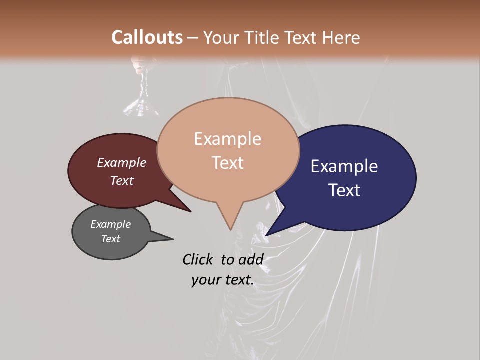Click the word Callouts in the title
click(147, 37)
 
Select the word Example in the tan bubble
click(227, 139)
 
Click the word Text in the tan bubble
click(227, 163)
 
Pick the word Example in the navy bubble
click(344, 166)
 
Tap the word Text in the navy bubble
click(345, 190)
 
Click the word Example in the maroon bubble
click(121, 163)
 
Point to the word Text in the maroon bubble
click(121, 180)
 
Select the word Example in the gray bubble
click(110, 224)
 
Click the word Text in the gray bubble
click(110, 239)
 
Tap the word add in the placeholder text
click(250, 259)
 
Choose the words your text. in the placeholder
click(222, 280)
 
